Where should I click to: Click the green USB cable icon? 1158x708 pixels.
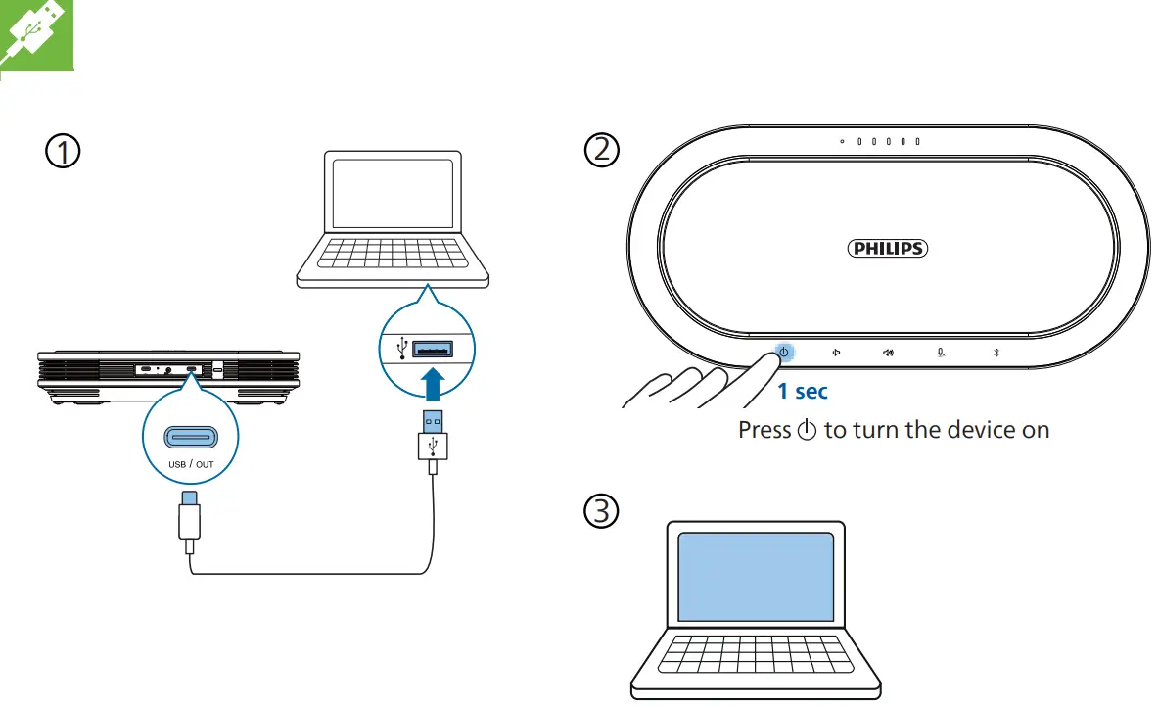(x=35, y=34)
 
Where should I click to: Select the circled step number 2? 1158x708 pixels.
(x=602, y=149)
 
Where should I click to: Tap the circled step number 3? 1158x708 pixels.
(x=602, y=510)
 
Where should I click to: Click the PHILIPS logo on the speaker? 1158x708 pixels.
(x=887, y=249)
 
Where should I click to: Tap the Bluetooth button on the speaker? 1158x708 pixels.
(x=996, y=353)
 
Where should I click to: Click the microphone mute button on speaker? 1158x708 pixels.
(x=941, y=353)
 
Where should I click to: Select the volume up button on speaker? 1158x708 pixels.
(x=888, y=353)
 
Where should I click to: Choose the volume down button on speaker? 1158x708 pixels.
(x=835, y=353)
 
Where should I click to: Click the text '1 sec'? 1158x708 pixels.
(x=803, y=392)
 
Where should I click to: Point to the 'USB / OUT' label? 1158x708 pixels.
(x=190, y=464)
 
